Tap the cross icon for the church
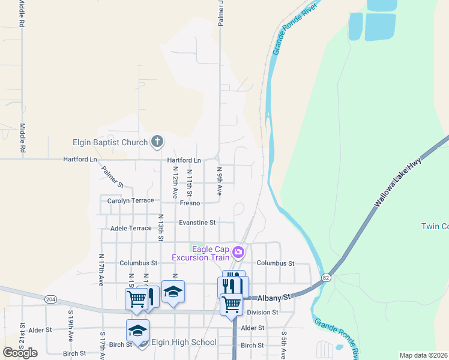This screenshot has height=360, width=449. pyautogui.click(x=157, y=142)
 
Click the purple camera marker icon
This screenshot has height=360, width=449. pyautogui.click(x=238, y=252)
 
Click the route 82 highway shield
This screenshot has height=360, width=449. pyautogui.click(x=325, y=278)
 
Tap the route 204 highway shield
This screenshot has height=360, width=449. pyautogui.click(x=50, y=299)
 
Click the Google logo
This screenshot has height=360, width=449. pyautogui.click(x=20, y=353)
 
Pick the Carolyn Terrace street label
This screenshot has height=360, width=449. pyautogui.click(x=130, y=200)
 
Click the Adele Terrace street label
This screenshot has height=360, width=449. pyautogui.click(x=131, y=228)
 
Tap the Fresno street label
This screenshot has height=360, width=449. pyautogui.click(x=190, y=203)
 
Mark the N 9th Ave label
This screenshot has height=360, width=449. pyautogui.click(x=220, y=181)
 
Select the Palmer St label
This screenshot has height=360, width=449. pyautogui.click(x=112, y=176)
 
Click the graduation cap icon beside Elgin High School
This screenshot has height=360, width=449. pyautogui.click(x=138, y=331)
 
